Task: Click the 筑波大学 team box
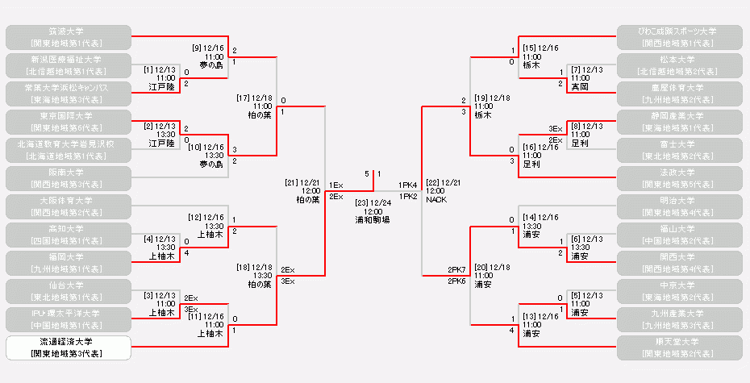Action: point(68,37)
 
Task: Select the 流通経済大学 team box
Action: point(68,348)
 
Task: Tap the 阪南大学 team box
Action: point(68,178)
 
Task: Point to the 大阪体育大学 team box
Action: point(68,206)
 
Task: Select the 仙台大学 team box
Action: point(68,291)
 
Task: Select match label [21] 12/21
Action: point(302,182)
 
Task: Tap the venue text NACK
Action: point(436,199)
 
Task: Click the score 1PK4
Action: point(407,185)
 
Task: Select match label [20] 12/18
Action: point(492,267)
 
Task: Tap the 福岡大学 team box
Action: point(68,263)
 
